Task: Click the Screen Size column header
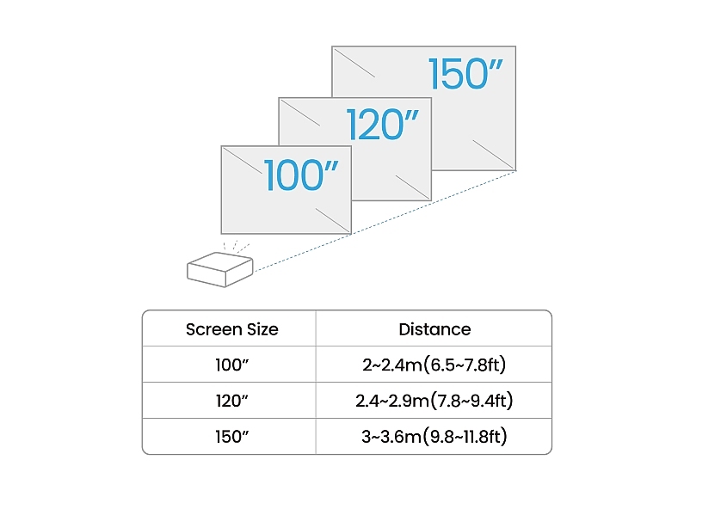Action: tap(232, 329)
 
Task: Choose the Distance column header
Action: tap(434, 329)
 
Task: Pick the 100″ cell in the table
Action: tap(232, 365)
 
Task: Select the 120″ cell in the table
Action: tap(232, 402)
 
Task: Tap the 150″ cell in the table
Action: tap(232, 437)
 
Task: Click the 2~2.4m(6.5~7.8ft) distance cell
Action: tap(434, 365)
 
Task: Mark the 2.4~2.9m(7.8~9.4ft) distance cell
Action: tap(434, 402)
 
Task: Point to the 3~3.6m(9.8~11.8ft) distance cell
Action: tap(434, 437)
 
